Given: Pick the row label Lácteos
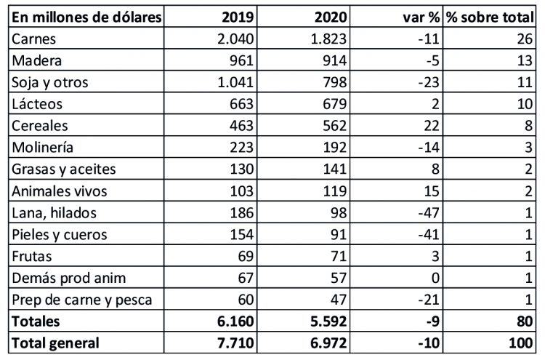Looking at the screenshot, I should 34,104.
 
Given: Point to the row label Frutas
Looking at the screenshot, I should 31,255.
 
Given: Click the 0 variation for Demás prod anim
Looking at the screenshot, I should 432,277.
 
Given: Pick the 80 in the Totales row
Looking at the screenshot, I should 526,321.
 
